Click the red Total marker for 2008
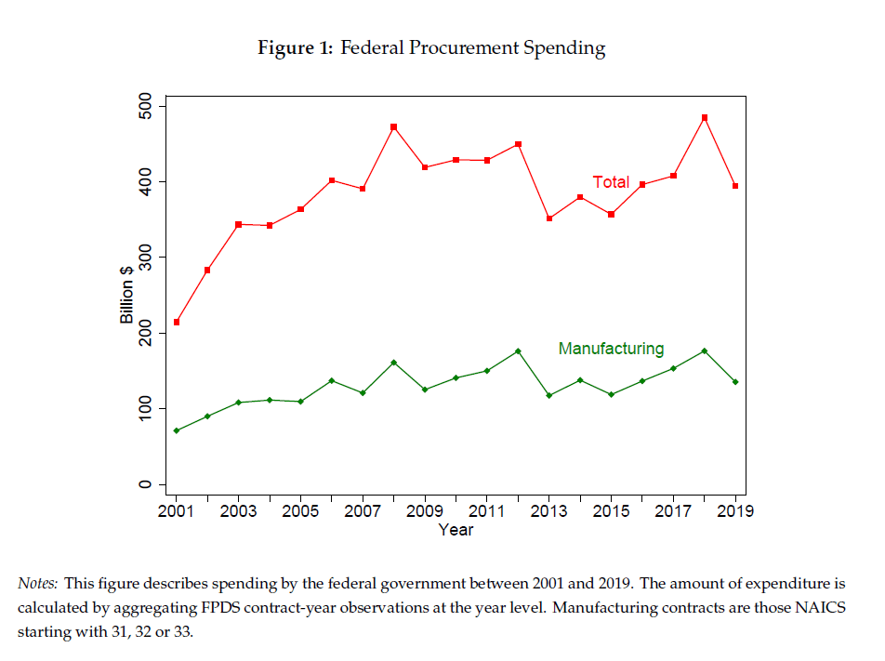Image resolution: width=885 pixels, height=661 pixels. tap(394, 126)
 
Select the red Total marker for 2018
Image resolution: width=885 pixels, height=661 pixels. tap(705, 117)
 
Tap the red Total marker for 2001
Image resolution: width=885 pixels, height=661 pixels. tap(177, 323)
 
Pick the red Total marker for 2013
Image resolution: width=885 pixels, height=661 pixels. tap(549, 218)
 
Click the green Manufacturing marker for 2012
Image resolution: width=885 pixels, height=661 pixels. tap(518, 350)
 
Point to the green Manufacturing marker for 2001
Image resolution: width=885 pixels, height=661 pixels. tap(177, 430)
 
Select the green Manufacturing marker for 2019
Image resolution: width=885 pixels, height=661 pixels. tap(735, 382)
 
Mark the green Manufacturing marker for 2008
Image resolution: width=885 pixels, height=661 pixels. tap(394, 362)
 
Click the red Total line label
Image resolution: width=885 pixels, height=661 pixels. tap(612, 182)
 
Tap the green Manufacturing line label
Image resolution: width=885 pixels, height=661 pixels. tap(611, 349)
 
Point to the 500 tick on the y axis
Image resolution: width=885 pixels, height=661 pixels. tap(162, 106)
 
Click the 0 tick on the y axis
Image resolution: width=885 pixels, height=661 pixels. tap(162, 484)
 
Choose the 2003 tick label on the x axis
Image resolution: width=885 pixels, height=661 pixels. tap(239, 510)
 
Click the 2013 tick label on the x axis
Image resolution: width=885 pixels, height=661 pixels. tap(549, 510)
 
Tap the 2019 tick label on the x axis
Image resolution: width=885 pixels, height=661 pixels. tap(735, 510)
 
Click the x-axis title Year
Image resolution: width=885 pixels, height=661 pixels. tap(456, 530)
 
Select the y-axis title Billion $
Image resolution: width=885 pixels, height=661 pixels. tap(127, 295)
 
